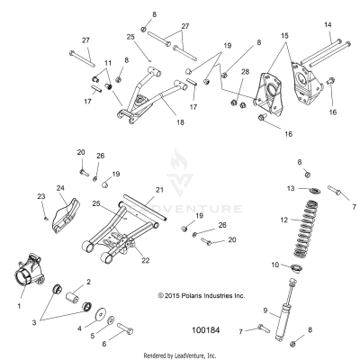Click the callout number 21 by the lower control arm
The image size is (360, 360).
click(158, 190)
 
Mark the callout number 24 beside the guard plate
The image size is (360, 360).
click(61, 188)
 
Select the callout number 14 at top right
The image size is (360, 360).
click(327, 23)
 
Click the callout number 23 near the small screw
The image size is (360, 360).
click(40, 195)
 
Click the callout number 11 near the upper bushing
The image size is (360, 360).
click(108, 62)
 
